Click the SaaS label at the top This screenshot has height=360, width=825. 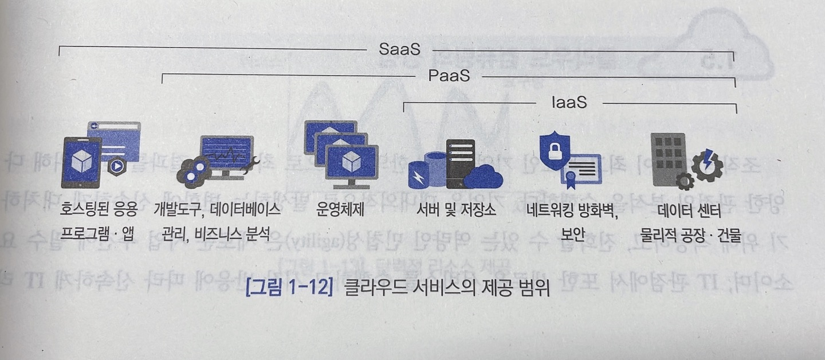click(x=399, y=50)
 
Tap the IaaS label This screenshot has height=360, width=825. click(x=569, y=103)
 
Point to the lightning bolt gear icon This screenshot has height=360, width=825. click(x=708, y=163)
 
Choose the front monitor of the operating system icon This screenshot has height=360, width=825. click(x=351, y=164)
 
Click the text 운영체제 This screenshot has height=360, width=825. click(x=340, y=210)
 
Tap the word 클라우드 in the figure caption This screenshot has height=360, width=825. click(x=372, y=287)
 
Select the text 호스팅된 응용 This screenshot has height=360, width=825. click(x=100, y=210)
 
